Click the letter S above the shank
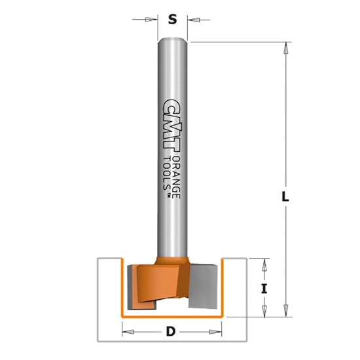(173, 19)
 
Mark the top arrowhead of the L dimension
(285, 48)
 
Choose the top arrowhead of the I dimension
(264, 264)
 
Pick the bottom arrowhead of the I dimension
(264, 311)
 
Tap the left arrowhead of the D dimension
(126, 332)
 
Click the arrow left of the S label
(153, 19)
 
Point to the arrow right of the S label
(192, 19)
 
